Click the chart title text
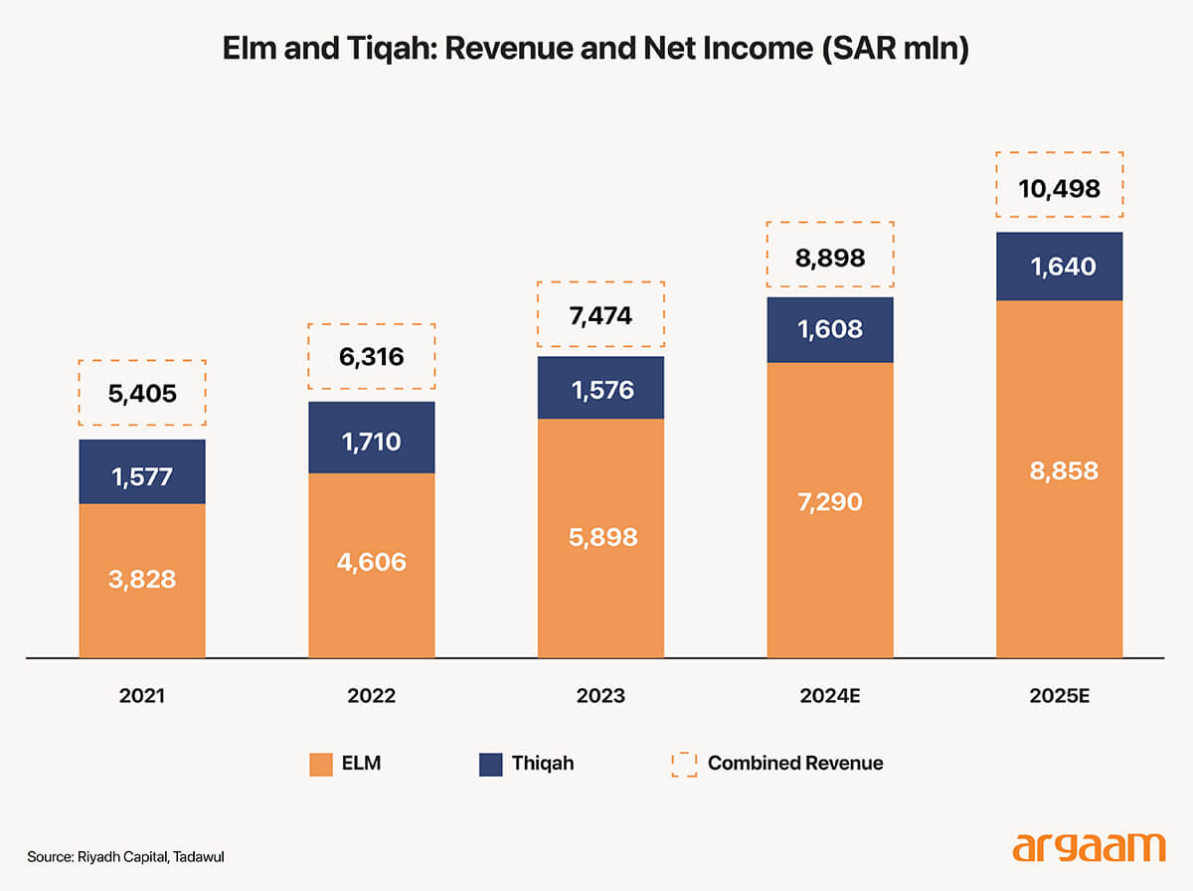pos(596,49)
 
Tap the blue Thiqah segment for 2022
pos(371,438)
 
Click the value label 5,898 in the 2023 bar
pos(600,537)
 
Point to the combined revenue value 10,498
pos(1059,186)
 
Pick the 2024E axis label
pos(829,696)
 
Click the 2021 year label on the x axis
pos(142,696)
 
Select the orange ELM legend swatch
pos(320,764)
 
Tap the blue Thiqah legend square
pos(491,764)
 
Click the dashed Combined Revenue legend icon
pos(684,764)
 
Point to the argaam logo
pos(1088,847)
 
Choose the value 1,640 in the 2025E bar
pos(1059,267)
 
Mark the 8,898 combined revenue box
pos(829,259)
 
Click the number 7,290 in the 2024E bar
pos(829,501)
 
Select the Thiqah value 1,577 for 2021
pos(142,475)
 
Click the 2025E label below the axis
pos(1059,696)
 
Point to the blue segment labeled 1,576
pos(600,388)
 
